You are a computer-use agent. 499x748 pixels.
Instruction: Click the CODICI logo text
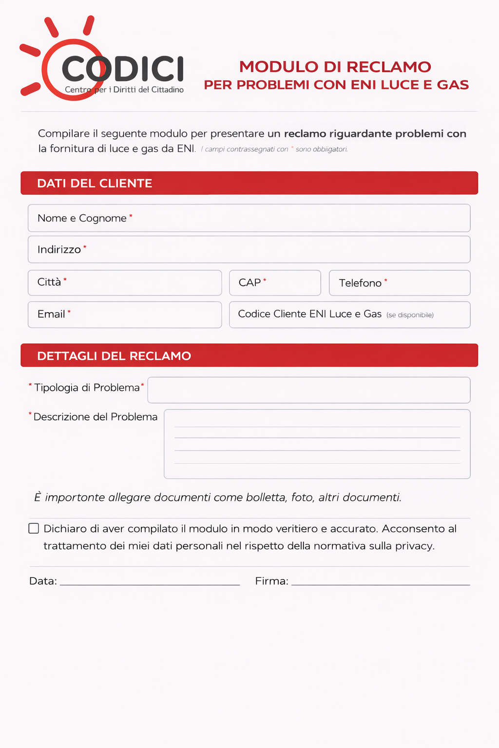123,69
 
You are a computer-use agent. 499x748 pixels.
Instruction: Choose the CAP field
275,282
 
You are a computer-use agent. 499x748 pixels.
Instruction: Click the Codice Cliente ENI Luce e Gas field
349,315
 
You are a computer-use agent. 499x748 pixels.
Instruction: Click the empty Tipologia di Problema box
308,390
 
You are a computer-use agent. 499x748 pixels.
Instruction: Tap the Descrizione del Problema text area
317,444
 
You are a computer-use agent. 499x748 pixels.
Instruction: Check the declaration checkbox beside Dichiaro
34,528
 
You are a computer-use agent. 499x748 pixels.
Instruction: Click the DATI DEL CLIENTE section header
95,183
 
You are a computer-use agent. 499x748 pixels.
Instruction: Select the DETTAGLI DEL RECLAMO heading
114,356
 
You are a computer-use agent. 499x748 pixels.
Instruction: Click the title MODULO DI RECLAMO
335,67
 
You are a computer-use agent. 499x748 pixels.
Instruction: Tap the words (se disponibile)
410,315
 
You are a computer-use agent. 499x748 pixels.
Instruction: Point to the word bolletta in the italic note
266,497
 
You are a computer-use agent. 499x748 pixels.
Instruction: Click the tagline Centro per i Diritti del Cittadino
124,90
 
